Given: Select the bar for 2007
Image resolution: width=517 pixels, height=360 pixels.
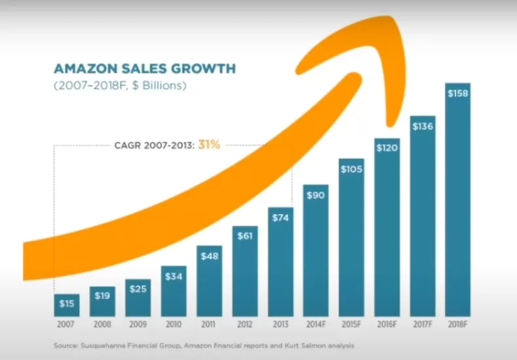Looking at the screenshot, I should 67,306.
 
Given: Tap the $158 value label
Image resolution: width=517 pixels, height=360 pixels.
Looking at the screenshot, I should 457,94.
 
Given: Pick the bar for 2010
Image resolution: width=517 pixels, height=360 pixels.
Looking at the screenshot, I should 174,291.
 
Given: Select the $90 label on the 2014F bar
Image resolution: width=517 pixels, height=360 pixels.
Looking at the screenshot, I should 315,195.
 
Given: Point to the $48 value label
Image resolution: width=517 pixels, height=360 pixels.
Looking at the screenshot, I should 209,256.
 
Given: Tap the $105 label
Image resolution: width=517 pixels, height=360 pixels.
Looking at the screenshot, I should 351,169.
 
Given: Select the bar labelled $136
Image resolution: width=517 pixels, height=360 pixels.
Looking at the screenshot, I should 422,216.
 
